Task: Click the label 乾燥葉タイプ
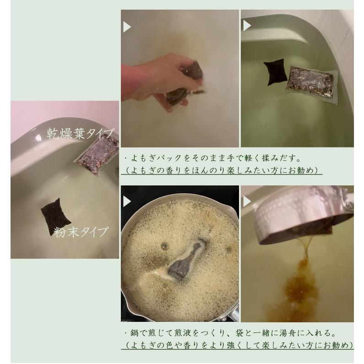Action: point(80,133)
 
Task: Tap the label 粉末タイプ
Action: point(81,232)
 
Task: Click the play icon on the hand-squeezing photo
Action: point(127,27)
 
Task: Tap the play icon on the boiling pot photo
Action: point(127,201)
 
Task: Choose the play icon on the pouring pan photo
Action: point(248,201)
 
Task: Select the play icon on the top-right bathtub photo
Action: point(248,26)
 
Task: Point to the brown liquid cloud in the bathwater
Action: point(298,284)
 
